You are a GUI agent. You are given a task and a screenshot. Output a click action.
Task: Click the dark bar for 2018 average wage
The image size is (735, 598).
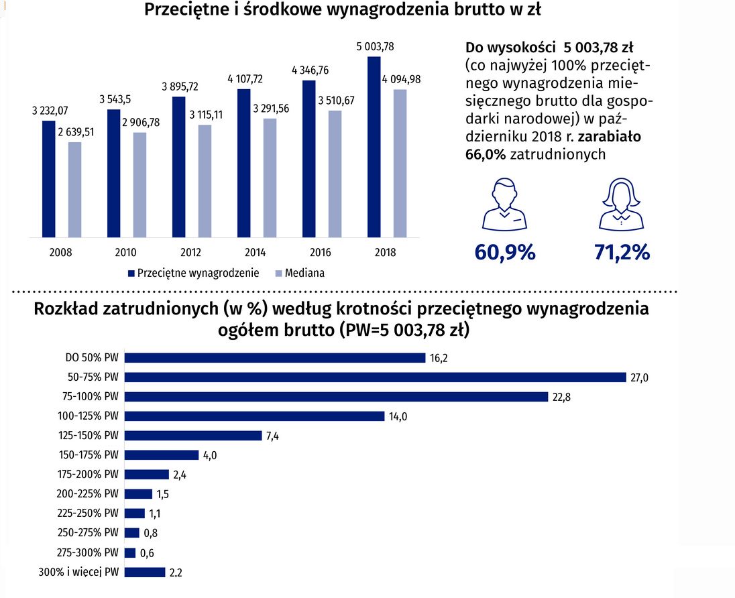point(374,147)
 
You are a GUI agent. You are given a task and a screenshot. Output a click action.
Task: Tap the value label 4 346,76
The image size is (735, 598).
point(310,70)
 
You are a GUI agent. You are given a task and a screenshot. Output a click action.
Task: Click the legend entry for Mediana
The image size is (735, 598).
point(304,273)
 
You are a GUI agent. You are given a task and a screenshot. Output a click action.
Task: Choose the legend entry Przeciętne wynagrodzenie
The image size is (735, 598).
point(198,273)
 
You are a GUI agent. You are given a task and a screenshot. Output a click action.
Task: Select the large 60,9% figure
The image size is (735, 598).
point(504,252)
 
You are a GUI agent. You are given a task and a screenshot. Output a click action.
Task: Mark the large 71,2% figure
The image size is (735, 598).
point(622,252)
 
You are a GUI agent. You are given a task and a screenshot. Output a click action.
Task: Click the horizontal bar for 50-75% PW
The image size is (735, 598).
point(376,377)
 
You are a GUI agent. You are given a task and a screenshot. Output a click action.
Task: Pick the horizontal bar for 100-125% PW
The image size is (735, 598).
point(255,416)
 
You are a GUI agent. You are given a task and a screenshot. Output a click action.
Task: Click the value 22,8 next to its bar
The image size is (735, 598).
point(561,397)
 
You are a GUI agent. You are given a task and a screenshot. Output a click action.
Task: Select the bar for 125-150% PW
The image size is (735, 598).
point(193,436)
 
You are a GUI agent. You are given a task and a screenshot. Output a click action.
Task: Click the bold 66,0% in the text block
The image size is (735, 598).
point(486,154)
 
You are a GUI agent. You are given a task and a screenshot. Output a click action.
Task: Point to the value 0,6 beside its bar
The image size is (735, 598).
point(146,553)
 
